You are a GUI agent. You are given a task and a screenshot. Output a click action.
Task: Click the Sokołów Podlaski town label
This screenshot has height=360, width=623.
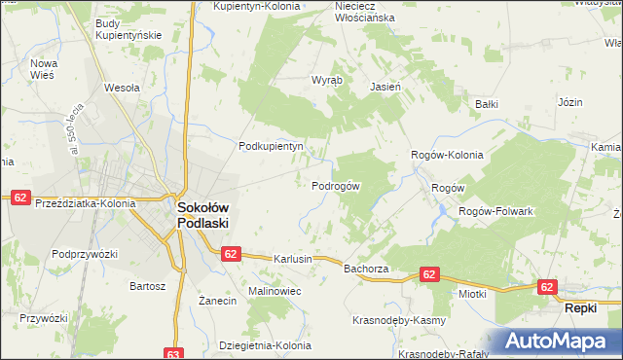click(x=202, y=214)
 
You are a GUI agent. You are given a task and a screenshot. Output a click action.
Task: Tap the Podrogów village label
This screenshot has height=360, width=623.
click(x=336, y=186)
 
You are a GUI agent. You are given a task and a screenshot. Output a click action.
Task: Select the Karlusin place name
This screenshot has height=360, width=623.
click(x=293, y=260)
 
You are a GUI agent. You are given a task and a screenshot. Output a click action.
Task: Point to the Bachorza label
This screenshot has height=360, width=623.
click(x=366, y=268)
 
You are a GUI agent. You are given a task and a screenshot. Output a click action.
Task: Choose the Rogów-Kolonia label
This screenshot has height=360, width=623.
click(x=447, y=155)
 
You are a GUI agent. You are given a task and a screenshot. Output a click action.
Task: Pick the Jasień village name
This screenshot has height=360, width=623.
click(x=386, y=86)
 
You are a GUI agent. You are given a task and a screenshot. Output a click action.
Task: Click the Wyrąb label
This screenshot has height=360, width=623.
click(x=326, y=80)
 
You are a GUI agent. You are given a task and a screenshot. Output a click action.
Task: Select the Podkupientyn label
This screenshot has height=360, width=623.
click(x=272, y=146)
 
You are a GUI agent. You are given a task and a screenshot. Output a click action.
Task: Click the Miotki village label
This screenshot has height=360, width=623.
click(x=472, y=293)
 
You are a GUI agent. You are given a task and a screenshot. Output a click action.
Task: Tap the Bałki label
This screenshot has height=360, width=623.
click(x=487, y=102)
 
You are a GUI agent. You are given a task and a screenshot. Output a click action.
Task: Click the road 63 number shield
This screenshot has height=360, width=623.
click(x=174, y=353)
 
